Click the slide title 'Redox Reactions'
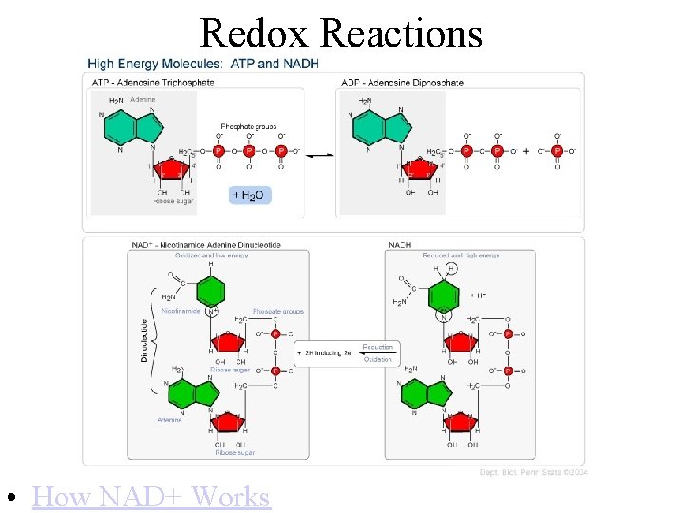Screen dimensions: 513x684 click(x=341, y=33)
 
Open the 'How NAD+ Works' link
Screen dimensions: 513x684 click(x=151, y=496)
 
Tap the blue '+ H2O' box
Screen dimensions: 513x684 click(x=250, y=195)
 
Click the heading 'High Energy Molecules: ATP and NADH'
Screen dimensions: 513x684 click(x=203, y=64)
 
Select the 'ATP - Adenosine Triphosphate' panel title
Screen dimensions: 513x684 click(x=152, y=83)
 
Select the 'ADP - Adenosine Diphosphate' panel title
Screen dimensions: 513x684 click(x=402, y=83)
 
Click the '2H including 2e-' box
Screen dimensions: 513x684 click(x=328, y=352)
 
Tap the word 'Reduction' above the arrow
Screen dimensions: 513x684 click(x=377, y=346)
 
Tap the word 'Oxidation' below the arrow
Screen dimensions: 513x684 click(x=377, y=359)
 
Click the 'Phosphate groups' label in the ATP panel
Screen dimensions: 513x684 click(x=248, y=126)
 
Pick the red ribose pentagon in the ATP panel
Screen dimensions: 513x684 click(x=173, y=169)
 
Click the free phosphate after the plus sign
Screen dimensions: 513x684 click(x=557, y=150)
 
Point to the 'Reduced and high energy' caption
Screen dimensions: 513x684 click(x=461, y=255)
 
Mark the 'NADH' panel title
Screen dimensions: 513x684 click(x=400, y=245)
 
